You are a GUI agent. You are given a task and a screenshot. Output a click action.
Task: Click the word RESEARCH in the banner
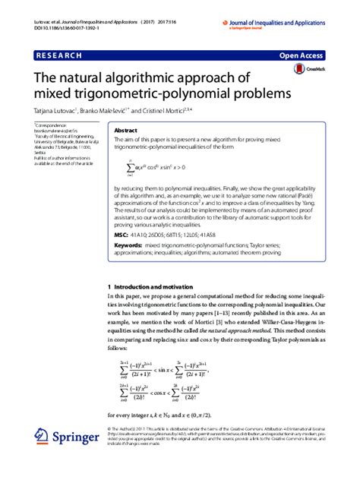tap(61, 55)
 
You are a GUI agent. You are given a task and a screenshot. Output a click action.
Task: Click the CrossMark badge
tap(305, 69)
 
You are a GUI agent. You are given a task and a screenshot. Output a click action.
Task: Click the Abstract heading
tap(125, 131)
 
